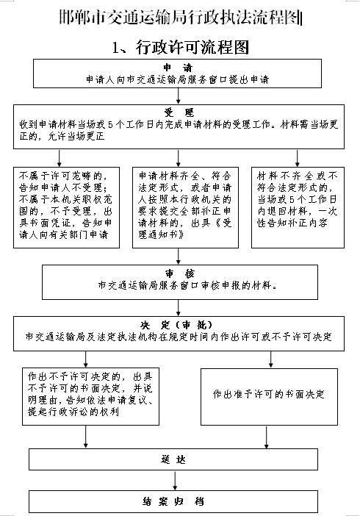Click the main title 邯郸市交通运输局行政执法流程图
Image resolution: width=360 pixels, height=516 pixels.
[x=180, y=18]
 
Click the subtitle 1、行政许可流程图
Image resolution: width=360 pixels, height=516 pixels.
[x=180, y=47]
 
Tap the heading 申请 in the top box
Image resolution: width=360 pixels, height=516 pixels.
[x=178, y=68]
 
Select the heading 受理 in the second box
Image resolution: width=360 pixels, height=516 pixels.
[x=179, y=112]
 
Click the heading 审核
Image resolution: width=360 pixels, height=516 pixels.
[x=180, y=273]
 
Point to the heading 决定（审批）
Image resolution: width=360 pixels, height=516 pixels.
[x=177, y=325]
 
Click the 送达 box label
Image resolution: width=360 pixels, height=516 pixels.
[x=173, y=459]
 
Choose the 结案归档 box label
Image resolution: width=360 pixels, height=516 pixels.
[x=173, y=501]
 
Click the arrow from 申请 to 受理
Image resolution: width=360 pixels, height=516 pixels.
[x=178, y=96]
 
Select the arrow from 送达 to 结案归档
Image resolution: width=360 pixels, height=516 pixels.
[x=175, y=481]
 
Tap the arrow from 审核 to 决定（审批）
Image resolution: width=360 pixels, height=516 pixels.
[x=178, y=308]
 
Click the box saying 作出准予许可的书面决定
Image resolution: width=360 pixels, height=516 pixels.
[x=269, y=396]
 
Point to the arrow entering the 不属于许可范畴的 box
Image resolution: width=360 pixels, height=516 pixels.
[x=60, y=158]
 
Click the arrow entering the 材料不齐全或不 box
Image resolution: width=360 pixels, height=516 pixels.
[x=297, y=158]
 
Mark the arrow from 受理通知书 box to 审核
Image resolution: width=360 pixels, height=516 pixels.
[x=178, y=257]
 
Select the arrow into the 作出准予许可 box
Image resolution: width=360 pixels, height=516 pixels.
[x=271, y=359]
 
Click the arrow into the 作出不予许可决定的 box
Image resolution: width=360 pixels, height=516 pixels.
[x=85, y=359]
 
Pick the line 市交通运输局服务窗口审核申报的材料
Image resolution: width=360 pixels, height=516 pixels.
[x=187, y=285]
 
